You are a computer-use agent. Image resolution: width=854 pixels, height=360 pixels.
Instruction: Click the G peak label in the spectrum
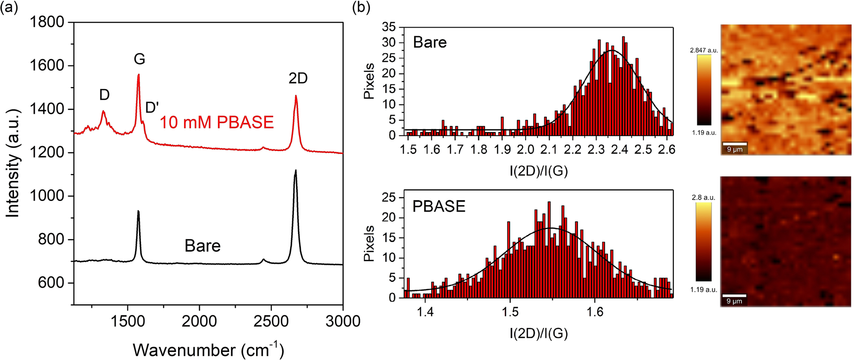140,59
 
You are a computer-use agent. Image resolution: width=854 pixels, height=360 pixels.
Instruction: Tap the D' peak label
152,108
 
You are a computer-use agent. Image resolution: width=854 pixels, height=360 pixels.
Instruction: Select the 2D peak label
298,79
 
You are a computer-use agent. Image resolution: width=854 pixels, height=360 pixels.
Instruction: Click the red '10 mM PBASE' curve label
217,122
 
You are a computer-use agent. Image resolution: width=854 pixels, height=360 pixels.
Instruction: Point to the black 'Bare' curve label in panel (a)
202,246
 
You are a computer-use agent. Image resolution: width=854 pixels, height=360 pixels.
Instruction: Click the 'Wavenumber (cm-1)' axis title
208,350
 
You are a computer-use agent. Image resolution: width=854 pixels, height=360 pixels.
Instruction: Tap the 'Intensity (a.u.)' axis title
13,163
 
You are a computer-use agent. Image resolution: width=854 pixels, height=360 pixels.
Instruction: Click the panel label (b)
361,8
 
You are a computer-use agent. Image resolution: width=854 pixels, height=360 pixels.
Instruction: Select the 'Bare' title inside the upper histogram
429,42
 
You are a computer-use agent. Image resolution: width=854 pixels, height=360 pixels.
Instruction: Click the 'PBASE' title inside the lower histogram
439,206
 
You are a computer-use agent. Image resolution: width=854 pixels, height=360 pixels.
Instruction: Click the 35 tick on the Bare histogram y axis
388,28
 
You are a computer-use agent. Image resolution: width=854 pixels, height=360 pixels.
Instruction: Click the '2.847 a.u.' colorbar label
704,51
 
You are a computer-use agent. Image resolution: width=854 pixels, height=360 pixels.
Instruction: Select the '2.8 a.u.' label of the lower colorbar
704,197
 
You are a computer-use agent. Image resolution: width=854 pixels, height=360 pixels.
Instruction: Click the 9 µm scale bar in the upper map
735,144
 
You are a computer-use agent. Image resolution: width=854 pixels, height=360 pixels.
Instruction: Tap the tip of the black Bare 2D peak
295,170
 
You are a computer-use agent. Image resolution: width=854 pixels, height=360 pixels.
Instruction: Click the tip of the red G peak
139,75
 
